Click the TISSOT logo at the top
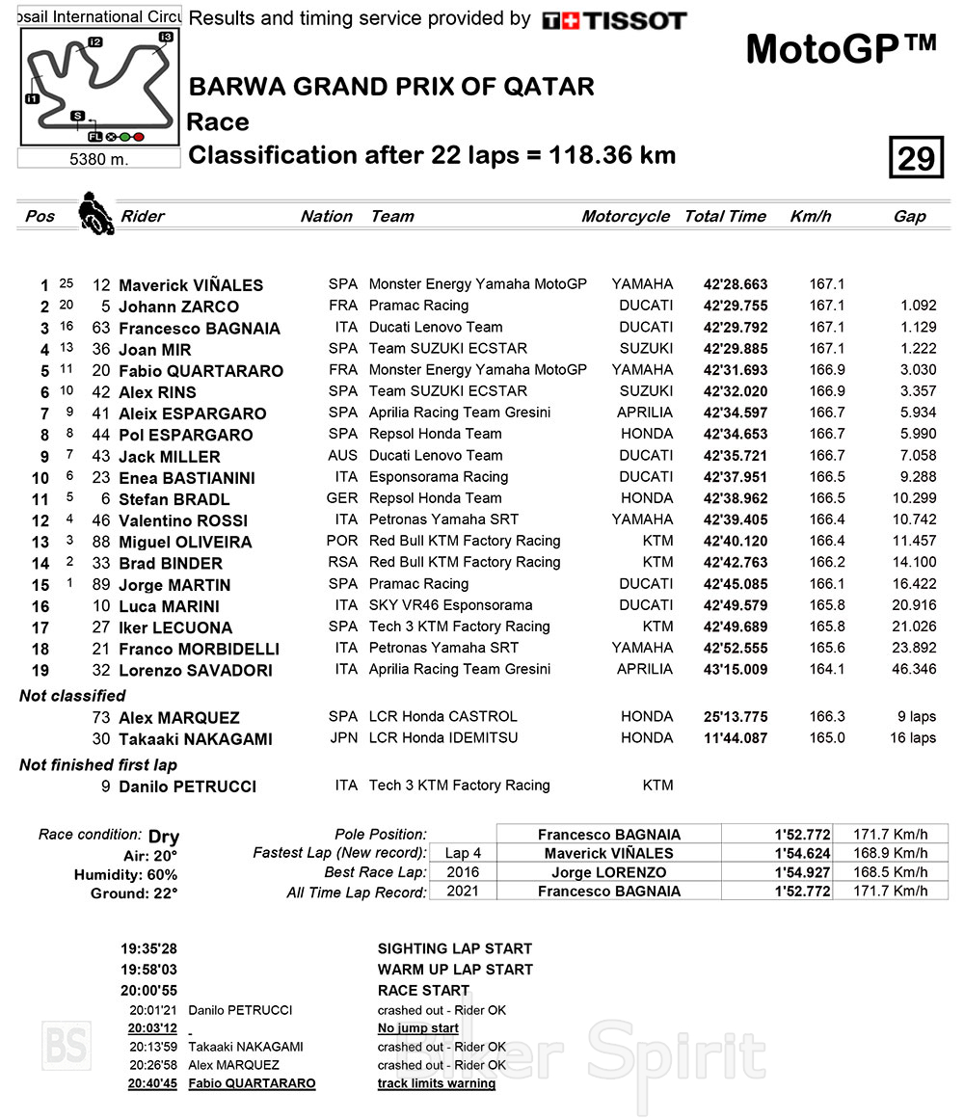pyautogui.click(x=614, y=20)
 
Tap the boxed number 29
pyautogui.click(x=915, y=157)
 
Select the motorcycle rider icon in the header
pyautogui.click(x=95, y=213)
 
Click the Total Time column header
pyautogui.click(x=725, y=217)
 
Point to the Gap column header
pyautogui.click(x=909, y=217)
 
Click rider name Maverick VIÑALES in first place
pyautogui.click(x=191, y=285)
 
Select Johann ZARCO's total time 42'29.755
pyautogui.click(x=736, y=306)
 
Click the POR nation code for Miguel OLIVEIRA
pyautogui.click(x=342, y=541)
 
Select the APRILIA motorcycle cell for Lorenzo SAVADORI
pyautogui.click(x=644, y=670)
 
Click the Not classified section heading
pyautogui.click(x=72, y=696)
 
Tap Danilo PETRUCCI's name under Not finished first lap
pyautogui.click(x=187, y=786)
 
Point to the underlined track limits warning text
pyautogui.click(x=436, y=1083)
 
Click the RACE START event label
pyautogui.click(x=423, y=991)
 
